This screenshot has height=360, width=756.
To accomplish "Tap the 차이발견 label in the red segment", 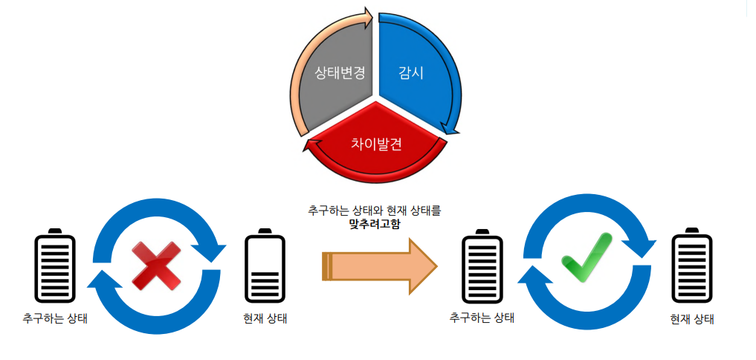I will click(x=376, y=144).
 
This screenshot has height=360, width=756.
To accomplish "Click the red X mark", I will click(x=156, y=266).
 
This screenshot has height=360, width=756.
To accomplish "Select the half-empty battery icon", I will click(x=265, y=266).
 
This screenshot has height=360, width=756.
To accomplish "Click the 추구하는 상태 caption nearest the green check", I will click(x=482, y=318).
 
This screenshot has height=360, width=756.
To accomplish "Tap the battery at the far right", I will click(x=692, y=266).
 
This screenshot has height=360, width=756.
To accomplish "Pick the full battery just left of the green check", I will click(x=482, y=268).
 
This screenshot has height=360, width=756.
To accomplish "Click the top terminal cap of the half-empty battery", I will click(x=265, y=232).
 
